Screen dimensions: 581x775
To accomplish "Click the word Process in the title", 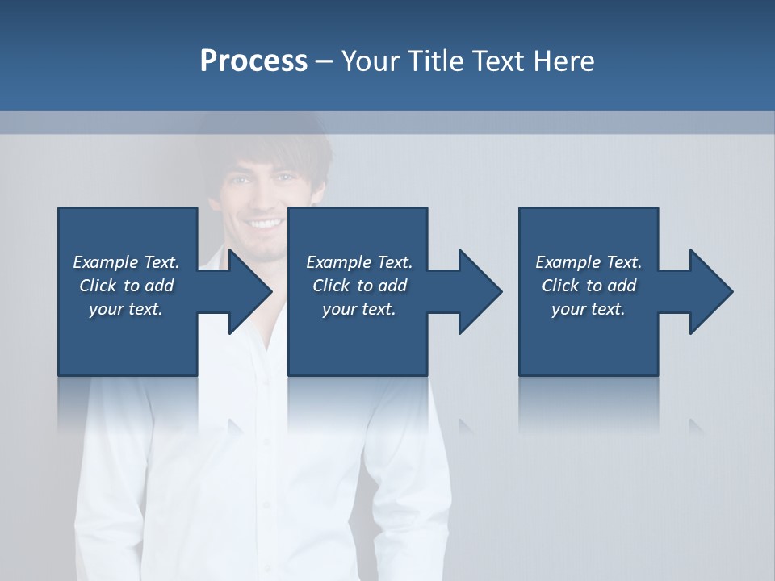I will [253, 61].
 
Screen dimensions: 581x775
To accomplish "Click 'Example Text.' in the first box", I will [126, 262].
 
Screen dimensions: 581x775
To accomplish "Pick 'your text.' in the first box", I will [126, 309].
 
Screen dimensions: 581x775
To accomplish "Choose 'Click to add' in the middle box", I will [359, 286].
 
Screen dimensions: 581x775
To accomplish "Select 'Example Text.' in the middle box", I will [359, 262].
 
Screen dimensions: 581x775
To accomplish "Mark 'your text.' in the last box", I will [589, 309].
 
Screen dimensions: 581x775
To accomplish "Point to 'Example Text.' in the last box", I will [589, 262].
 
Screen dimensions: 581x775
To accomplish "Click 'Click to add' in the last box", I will [589, 286].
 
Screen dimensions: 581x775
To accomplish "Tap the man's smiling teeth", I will [265, 222].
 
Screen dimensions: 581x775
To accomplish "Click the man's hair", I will [266, 145].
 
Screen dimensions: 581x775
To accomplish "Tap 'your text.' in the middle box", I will [359, 309].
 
